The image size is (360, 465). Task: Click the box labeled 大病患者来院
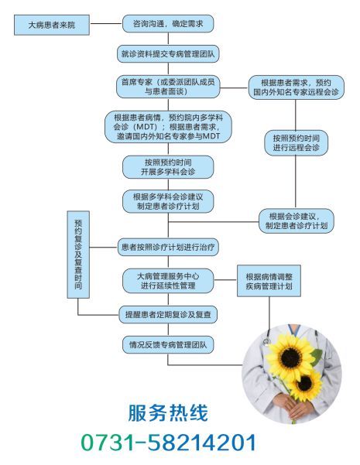[52, 25]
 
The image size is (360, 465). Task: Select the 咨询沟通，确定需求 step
[168, 24]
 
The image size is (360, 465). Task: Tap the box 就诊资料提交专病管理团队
[168, 54]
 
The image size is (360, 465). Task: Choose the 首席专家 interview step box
[168, 87]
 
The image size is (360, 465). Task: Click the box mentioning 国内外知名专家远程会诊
[296, 87]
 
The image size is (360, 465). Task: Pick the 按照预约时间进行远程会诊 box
[296, 142]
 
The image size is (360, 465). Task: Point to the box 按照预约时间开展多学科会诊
[168, 167]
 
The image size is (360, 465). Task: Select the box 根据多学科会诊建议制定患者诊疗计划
[168, 201]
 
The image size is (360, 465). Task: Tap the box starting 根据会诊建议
[297, 221]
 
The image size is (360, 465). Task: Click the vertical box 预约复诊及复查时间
[78, 255]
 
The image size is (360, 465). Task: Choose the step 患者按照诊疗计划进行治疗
[168, 247]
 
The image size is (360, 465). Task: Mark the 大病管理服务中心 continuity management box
[168, 281]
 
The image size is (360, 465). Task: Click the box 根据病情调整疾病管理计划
[269, 281]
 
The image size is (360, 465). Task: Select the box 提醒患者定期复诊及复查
[168, 314]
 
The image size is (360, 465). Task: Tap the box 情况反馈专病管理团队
[168, 344]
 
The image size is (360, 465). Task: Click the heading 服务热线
[168, 412]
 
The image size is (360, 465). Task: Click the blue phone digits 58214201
[202, 443]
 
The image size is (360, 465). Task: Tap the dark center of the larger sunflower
[291, 358]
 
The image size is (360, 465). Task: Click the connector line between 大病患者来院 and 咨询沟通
[106, 24]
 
